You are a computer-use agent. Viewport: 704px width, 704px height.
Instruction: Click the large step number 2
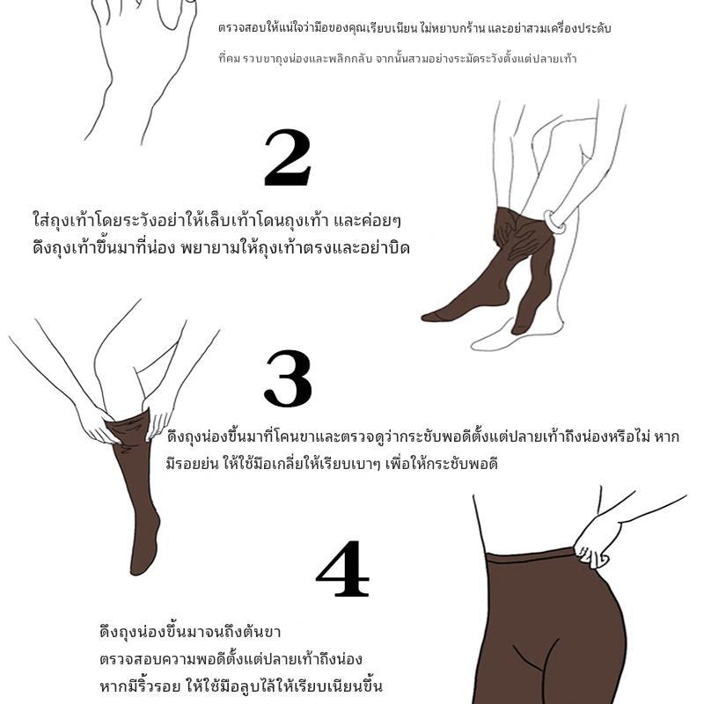point(288,158)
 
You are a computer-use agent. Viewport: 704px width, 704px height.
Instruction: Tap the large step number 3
point(288,378)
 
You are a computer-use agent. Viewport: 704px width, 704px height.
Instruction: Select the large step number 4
point(343,568)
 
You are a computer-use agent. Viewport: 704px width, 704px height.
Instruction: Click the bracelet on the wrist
point(555,222)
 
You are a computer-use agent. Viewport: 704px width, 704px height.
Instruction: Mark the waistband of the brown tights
point(531,558)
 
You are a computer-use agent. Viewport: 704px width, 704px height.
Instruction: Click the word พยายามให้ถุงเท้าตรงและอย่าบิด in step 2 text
point(295,248)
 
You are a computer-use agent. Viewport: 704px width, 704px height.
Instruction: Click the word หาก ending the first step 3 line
point(667,436)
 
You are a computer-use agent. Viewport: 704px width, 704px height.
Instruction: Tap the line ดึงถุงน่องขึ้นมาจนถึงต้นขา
point(190,632)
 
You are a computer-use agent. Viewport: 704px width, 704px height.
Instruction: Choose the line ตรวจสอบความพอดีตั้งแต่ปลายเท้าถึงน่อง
point(231,659)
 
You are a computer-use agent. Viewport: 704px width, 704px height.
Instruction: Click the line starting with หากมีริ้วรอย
point(240,686)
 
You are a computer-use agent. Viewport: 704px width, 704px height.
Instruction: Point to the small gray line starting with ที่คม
point(398,59)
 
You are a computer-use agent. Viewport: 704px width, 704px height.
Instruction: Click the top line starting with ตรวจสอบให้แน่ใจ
point(414,29)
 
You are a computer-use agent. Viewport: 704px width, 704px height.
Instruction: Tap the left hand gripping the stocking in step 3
point(95,422)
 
